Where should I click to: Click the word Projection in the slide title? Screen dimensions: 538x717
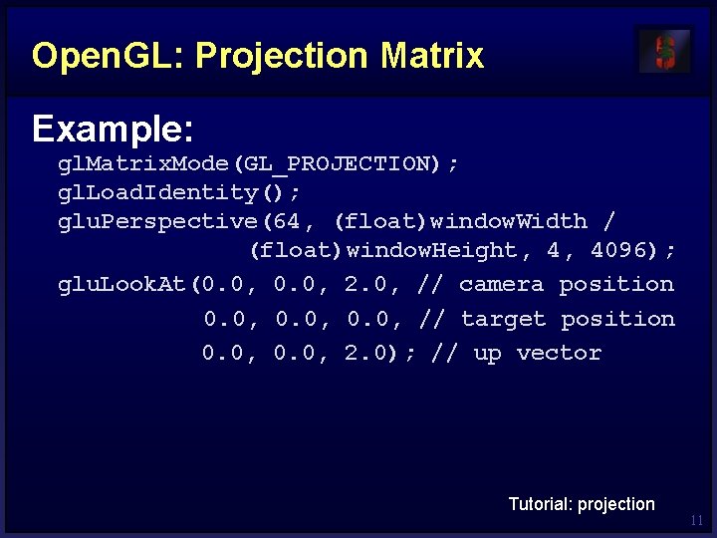282,56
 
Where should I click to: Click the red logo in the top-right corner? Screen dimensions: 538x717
664,51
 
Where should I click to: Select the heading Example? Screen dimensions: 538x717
113,129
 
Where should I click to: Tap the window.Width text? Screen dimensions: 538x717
508,221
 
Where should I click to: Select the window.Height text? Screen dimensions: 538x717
432,250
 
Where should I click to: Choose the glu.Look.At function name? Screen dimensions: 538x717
122,285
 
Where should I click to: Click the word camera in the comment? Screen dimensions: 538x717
501,285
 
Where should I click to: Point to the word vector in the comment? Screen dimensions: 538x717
559,353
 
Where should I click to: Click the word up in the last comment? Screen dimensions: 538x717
487,354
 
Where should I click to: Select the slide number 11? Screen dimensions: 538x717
696,520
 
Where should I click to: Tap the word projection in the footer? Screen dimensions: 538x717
616,504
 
